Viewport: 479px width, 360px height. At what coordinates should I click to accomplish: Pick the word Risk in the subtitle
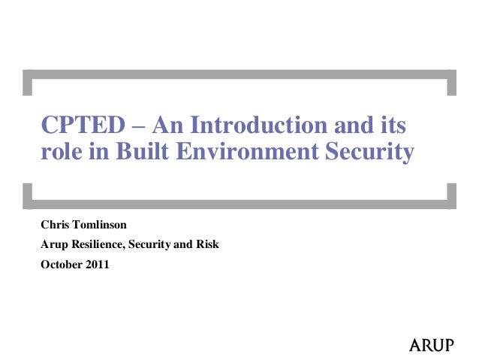206,244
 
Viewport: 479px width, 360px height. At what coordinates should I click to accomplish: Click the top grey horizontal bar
239,74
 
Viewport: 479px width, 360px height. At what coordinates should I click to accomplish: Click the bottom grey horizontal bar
239,203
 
